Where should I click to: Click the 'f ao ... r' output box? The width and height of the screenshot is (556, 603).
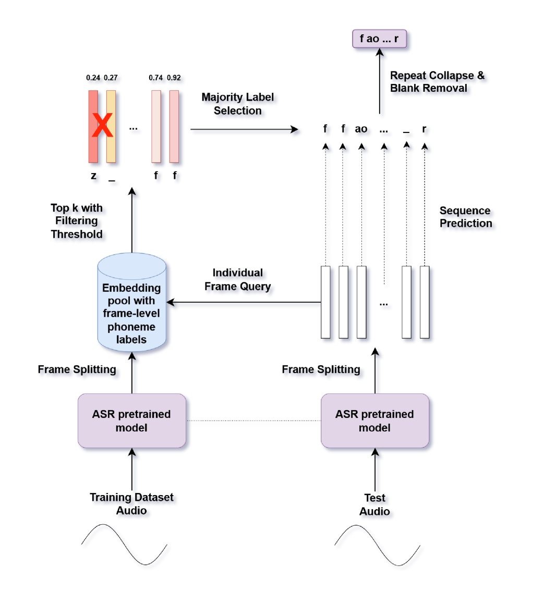click(x=379, y=39)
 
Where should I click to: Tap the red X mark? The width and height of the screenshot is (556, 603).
click(x=102, y=126)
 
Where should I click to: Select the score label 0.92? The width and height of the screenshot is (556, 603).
click(x=174, y=78)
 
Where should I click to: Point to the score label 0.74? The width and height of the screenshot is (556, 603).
click(x=156, y=78)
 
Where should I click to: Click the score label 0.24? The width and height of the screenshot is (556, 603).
click(x=93, y=78)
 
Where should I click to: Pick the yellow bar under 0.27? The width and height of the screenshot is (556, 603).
click(x=111, y=127)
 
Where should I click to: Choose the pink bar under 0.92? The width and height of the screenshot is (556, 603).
click(x=174, y=127)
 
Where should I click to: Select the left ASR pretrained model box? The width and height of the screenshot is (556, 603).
click(x=131, y=421)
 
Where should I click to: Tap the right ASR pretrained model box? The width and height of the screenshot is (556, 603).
click(x=374, y=421)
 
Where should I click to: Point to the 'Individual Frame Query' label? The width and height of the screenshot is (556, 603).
click(x=238, y=280)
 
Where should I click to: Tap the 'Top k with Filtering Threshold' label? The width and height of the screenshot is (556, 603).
click(x=78, y=221)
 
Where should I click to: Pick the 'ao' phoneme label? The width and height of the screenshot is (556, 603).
click(x=361, y=129)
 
